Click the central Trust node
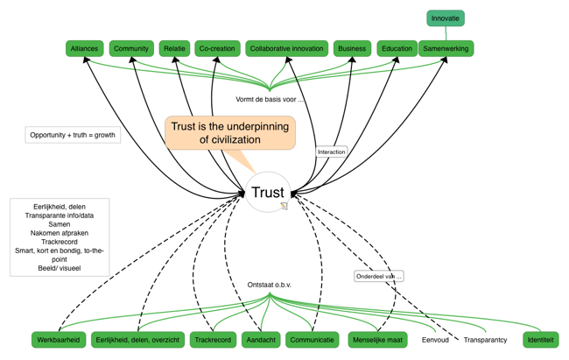(x=268, y=193)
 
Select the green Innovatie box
(x=446, y=18)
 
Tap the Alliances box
(x=84, y=49)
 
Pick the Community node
(x=131, y=49)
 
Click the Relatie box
(x=175, y=49)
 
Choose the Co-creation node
(x=217, y=49)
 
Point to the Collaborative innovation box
(x=286, y=49)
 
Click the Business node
(x=352, y=49)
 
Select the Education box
(x=397, y=49)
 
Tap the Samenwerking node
(x=446, y=49)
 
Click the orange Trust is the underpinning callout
(x=229, y=133)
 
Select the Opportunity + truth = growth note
(x=73, y=135)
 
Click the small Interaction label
(x=332, y=152)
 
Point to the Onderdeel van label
(x=379, y=276)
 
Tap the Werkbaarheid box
(x=59, y=340)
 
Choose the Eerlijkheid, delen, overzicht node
(x=137, y=340)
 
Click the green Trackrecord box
(x=213, y=340)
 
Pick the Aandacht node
(x=261, y=340)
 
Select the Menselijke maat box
(x=377, y=340)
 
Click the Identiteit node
(x=540, y=340)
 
